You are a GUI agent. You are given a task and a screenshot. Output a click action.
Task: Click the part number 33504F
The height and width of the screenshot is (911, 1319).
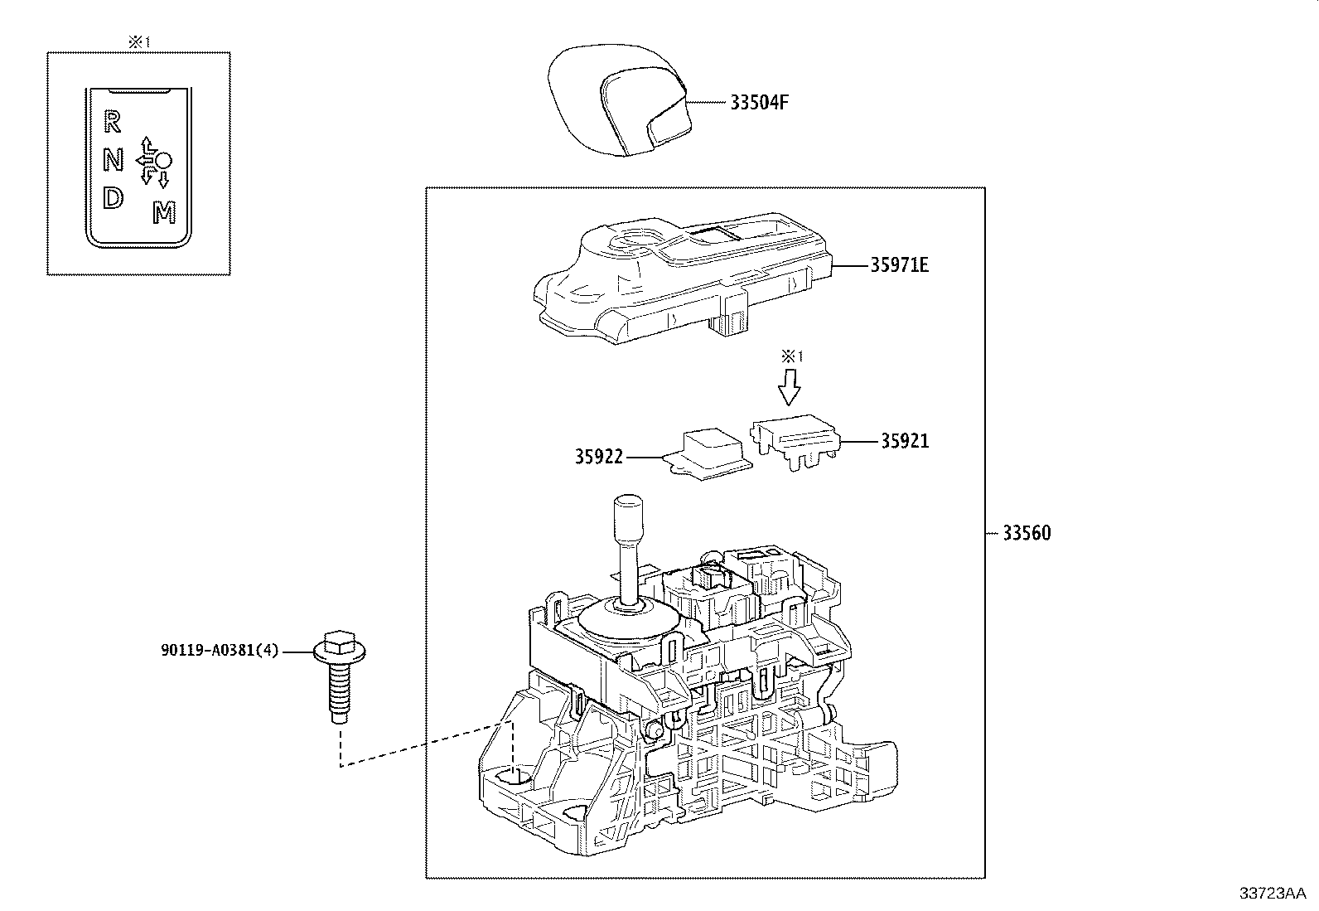pyautogui.click(x=759, y=103)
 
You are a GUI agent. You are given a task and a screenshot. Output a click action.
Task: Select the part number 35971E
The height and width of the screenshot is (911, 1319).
pyautogui.click(x=899, y=265)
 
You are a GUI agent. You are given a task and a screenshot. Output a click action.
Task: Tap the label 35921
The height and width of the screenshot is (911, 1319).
pyautogui.click(x=904, y=441)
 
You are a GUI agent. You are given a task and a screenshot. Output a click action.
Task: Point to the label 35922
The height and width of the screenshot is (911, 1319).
pyautogui.click(x=598, y=457)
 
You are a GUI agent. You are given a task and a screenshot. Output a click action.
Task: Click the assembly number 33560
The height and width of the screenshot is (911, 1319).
pyautogui.click(x=1026, y=533)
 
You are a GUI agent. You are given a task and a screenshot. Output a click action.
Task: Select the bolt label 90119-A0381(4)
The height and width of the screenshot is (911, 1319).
pyautogui.click(x=220, y=652)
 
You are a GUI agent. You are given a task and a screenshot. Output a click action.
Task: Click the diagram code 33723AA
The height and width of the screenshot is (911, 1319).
pyautogui.click(x=1272, y=893)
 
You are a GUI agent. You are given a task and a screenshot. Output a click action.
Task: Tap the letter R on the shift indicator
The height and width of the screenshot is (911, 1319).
pyautogui.click(x=112, y=123)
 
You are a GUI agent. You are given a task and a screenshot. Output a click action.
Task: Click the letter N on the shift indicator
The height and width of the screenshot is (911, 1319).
pyautogui.click(x=113, y=160)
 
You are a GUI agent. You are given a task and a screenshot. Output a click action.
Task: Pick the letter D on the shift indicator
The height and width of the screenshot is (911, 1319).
pyautogui.click(x=112, y=198)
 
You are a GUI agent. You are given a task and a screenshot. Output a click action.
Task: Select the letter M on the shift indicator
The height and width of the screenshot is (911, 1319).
pyautogui.click(x=164, y=214)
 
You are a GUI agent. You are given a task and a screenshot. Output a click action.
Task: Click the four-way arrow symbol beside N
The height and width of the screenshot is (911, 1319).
pyautogui.click(x=149, y=159)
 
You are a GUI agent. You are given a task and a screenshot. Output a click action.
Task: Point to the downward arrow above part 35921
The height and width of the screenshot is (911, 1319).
pyautogui.click(x=790, y=386)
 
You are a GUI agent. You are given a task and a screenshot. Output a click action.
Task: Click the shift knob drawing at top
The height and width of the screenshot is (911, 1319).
pyautogui.click(x=619, y=103)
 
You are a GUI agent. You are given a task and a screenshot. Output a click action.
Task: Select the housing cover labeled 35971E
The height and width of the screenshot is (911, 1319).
pyautogui.click(x=679, y=278)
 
